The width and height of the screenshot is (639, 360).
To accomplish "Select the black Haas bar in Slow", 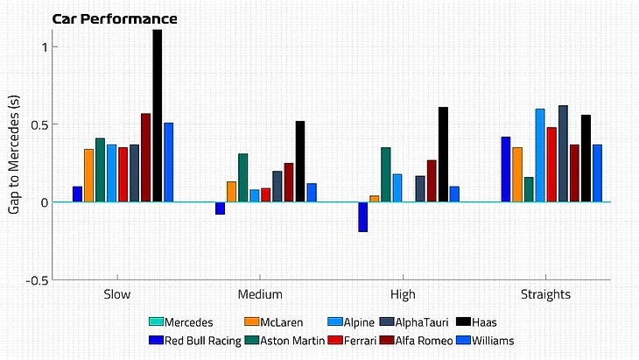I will point(158,116).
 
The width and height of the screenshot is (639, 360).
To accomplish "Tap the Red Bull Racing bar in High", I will point(363,216).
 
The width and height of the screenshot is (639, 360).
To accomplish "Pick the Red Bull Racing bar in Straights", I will point(506,169).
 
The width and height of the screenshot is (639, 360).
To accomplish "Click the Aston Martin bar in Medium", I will point(243,178).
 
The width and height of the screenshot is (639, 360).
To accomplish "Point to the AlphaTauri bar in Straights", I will point(563,153).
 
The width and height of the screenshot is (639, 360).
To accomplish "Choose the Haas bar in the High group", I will point(443,154).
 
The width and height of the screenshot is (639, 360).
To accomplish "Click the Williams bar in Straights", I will point(597,173).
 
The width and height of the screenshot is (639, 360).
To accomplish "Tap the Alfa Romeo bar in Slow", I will point(146,158).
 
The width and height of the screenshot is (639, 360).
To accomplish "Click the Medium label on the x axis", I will point(260,295).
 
